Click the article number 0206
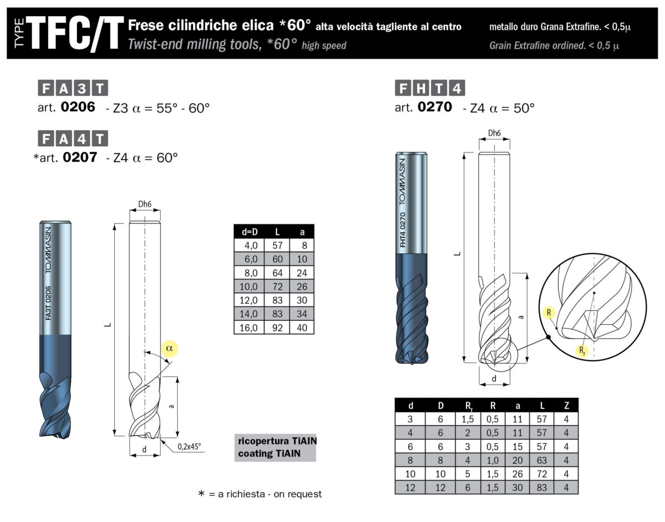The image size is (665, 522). pyautogui.click(x=79, y=107)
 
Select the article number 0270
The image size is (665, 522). pyautogui.click(x=435, y=107)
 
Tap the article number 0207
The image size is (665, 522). pyautogui.click(x=80, y=157)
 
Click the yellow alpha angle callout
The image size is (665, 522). pyautogui.click(x=170, y=347)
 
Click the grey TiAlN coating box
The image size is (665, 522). pyautogui.click(x=275, y=447)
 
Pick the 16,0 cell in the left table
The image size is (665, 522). pyautogui.click(x=249, y=327)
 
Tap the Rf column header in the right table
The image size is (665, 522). pyautogui.click(x=468, y=405)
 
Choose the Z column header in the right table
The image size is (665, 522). pyautogui.click(x=565, y=405)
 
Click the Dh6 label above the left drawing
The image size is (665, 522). pyautogui.click(x=145, y=204)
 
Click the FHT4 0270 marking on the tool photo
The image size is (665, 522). pyautogui.click(x=403, y=229)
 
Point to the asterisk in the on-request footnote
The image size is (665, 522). pyautogui.click(x=202, y=493)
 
